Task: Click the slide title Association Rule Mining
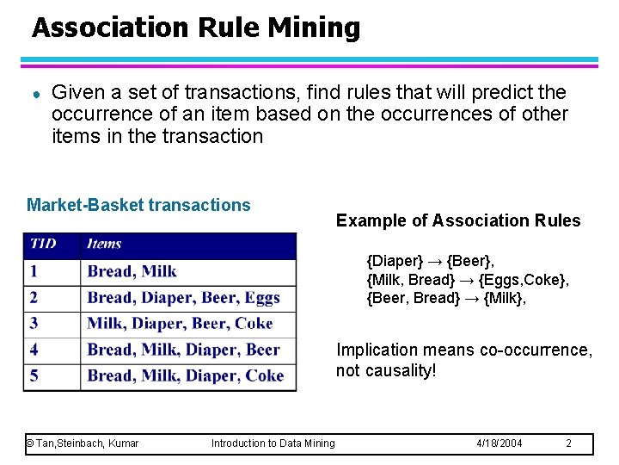pos(196,28)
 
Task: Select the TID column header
pos(43,244)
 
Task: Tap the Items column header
pos(104,244)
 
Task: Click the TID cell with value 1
pos(34,271)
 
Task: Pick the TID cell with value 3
pos(34,324)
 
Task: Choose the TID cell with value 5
pos(34,375)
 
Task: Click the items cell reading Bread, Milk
pos(132,271)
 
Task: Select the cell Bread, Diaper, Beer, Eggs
pos(184,298)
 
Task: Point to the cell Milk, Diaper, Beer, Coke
pos(180,324)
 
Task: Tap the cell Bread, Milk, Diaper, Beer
pos(183,350)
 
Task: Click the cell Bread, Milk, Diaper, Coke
pos(185,375)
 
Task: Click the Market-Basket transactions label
pos(138,205)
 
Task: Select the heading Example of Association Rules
pos(458,220)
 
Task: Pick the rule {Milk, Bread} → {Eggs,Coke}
pos(468,279)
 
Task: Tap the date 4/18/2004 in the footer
pos(499,443)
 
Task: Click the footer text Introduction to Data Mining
pos(273,443)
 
